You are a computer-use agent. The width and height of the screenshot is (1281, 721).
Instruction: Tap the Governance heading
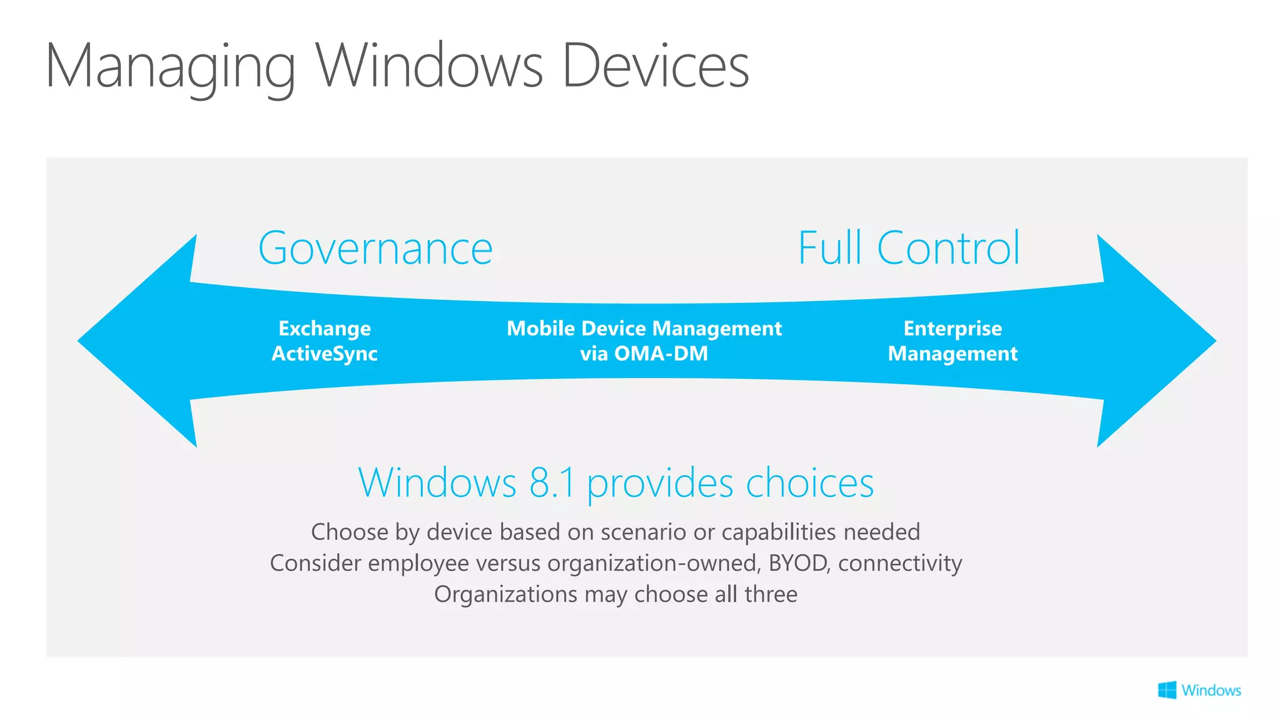pyautogui.click(x=375, y=248)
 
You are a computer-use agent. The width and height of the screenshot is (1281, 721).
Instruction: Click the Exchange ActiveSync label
pyautogui.click(x=325, y=341)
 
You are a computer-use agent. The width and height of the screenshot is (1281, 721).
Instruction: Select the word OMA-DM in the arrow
pyautogui.click(x=661, y=354)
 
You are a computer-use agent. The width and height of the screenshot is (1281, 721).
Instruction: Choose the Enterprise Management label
pyautogui.click(x=953, y=341)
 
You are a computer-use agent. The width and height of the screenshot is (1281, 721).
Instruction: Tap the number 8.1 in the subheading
pyautogui.click(x=552, y=483)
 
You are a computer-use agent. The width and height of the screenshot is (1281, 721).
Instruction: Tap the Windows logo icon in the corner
pyautogui.click(x=1167, y=690)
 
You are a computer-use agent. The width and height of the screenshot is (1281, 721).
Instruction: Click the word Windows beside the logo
pyautogui.click(x=1211, y=690)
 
